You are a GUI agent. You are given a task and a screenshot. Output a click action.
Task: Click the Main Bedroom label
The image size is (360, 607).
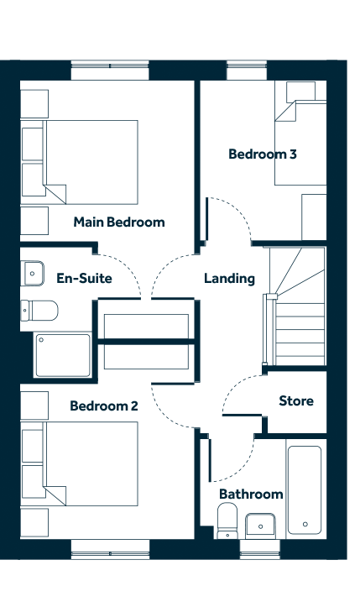(x=119, y=222)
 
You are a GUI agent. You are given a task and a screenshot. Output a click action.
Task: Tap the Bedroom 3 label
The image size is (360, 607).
(x=263, y=154)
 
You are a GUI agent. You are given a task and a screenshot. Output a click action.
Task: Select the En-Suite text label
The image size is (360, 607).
(x=85, y=279)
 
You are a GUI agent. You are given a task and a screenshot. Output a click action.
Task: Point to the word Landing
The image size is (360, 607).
(x=230, y=279)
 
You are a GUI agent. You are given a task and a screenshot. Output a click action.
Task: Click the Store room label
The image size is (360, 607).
(x=296, y=400)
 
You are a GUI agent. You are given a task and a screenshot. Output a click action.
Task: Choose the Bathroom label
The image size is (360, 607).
(x=251, y=494)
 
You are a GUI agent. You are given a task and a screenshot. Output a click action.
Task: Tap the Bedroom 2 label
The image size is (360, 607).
(x=104, y=406)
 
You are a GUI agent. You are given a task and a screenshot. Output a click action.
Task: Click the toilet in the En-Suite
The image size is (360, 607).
(x=39, y=311)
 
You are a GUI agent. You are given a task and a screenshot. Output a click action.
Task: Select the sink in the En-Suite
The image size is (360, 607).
(x=32, y=274)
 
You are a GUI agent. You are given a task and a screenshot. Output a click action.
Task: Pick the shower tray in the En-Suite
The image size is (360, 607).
(x=63, y=355)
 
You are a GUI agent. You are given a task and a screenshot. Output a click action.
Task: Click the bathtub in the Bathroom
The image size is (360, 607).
(x=305, y=490)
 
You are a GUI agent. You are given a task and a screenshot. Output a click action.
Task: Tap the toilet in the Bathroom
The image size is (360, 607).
(x=227, y=521)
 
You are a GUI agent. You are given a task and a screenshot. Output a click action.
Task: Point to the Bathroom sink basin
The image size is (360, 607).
(x=260, y=526)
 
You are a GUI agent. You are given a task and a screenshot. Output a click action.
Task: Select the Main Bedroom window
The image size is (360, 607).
(x=110, y=70)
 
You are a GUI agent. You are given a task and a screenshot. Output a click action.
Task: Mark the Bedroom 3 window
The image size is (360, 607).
(x=247, y=70)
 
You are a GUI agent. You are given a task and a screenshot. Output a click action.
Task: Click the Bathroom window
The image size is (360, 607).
(x=260, y=549)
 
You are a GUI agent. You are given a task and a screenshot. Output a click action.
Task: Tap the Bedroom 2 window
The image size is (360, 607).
(x=110, y=549)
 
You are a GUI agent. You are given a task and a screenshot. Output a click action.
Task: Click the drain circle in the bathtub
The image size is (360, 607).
(x=305, y=524)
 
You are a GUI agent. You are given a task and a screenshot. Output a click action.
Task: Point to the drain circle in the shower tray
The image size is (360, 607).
(x=41, y=340)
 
